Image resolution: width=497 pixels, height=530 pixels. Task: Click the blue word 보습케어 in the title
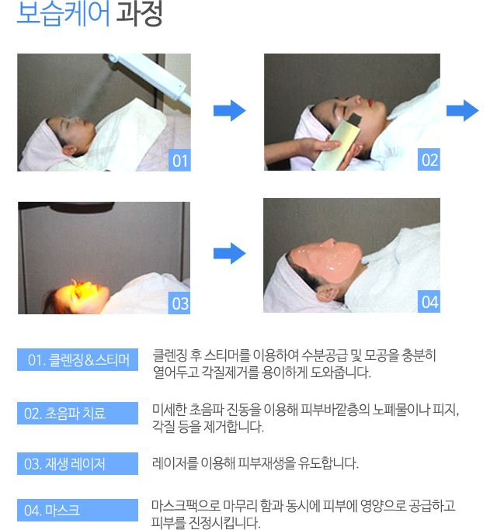[63, 13]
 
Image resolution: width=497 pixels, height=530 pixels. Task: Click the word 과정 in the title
[139, 13]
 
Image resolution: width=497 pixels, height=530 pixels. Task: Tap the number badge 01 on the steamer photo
[179, 160]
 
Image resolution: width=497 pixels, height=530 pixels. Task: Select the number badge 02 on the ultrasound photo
[429, 160]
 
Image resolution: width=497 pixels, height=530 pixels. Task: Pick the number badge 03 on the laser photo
[179, 303]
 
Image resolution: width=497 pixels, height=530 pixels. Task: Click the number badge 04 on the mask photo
[429, 302]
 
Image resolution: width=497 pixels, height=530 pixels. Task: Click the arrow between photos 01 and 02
[230, 110]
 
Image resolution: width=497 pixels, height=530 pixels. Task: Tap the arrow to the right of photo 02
[463, 110]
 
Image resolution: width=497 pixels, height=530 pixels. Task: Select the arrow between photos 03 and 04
[230, 254]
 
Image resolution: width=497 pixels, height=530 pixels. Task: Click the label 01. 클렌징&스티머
[78, 359]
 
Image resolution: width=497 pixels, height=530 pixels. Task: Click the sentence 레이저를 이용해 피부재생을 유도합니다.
[255, 463]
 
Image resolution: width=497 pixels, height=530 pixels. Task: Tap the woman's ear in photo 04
[326, 293]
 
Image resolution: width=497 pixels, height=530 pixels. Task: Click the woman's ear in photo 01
[69, 151]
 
